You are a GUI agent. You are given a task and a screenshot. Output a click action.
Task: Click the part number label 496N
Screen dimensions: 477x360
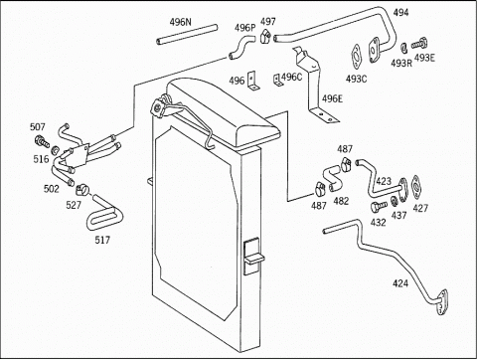180,22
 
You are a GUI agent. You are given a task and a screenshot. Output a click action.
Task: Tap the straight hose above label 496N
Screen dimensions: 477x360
187,34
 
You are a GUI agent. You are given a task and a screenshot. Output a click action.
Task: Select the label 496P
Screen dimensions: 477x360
245,28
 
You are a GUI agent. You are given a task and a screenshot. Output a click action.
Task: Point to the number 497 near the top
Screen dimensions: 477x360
268,22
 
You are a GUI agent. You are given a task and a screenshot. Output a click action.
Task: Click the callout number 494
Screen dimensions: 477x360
400,13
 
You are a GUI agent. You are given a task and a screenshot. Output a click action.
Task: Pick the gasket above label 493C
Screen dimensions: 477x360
357,57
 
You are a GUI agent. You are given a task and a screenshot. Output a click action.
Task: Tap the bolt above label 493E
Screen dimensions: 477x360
420,44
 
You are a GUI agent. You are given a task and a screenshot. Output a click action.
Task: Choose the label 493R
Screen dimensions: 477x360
401,63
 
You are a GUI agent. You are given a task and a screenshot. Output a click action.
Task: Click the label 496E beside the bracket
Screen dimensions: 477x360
333,98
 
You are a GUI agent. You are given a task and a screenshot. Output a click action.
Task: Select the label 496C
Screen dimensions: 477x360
292,77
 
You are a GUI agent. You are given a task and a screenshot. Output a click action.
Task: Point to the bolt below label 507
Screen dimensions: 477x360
42,142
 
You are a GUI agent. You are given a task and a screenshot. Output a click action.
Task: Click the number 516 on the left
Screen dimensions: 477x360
41,159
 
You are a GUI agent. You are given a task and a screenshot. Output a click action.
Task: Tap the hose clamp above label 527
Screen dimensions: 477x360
82,189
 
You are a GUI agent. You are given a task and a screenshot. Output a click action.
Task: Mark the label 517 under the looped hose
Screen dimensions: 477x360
102,240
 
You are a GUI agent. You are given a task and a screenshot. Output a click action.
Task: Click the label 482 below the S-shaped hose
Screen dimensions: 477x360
341,201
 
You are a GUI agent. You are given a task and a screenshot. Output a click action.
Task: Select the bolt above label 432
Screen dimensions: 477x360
379,206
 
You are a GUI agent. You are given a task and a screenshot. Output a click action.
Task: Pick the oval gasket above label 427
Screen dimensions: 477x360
415,187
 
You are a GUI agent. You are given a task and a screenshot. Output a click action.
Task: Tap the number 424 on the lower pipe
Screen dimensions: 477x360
400,283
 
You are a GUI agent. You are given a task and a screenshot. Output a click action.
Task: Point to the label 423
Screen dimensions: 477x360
384,181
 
